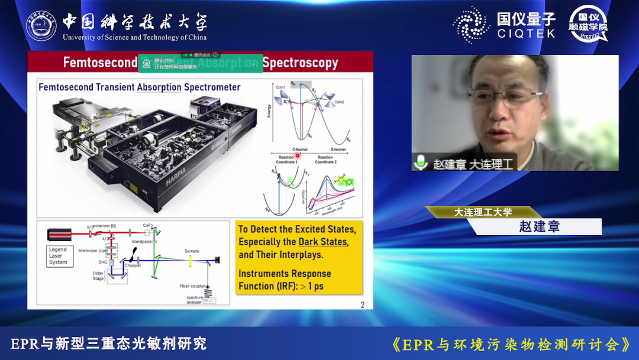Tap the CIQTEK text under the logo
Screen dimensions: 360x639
526,34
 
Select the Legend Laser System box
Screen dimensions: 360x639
58,256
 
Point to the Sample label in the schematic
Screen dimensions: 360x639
192,251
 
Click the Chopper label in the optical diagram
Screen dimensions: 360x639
133,265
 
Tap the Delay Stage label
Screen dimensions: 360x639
98,276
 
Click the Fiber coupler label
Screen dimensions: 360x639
193,286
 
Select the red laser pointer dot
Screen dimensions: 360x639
298,155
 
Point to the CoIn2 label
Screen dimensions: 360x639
338,102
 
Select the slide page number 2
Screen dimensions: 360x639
363,305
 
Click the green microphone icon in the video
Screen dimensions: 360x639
421,162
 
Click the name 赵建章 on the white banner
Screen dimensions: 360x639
539,227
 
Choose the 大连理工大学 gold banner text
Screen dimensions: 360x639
483,212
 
